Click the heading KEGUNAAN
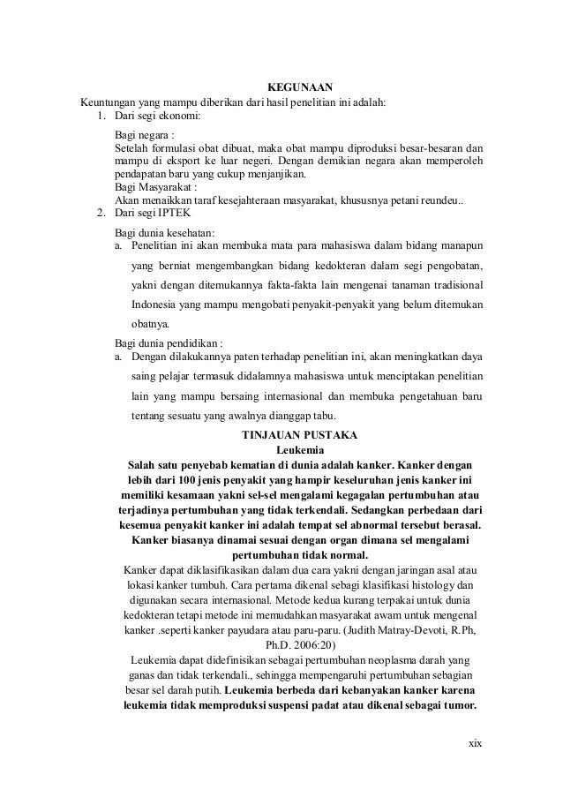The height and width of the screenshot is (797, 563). tap(299, 86)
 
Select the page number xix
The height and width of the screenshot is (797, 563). tap(476, 741)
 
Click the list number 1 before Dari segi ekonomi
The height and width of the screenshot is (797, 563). tap(101, 115)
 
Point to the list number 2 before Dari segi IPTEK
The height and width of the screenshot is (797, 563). tap(101, 214)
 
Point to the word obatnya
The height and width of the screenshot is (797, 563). tap(151, 324)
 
